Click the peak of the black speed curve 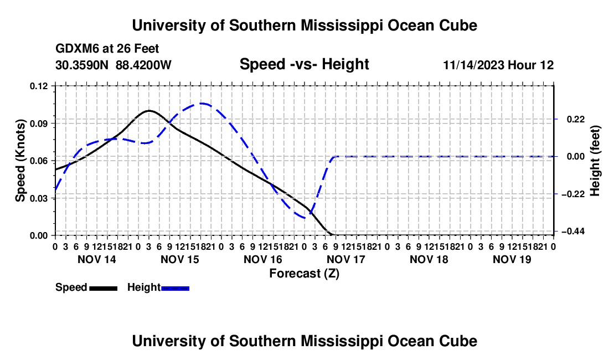149,111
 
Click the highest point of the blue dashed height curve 202,104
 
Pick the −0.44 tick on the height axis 573,232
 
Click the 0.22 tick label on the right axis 576,119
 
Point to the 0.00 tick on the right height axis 576,157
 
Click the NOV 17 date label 346,259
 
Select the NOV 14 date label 97,259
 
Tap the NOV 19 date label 512,259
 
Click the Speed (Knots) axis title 20,161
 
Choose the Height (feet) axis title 595,161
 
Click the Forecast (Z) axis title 304,274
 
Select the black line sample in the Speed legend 104,288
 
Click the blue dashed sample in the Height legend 175,288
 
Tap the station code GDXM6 75,49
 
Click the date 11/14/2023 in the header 473,65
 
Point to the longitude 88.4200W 143,65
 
